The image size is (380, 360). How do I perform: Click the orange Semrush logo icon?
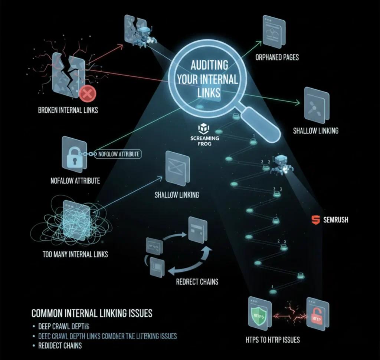click(x=315, y=220)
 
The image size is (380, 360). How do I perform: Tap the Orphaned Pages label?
click(x=277, y=57)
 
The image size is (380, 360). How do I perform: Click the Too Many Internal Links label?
click(x=75, y=254)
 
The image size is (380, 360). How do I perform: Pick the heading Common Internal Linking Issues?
click(x=92, y=313)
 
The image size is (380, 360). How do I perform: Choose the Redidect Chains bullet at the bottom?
click(x=60, y=346)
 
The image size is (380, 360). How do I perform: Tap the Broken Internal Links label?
click(x=68, y=110)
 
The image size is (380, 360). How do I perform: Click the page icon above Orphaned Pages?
click(x=273, y=33)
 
